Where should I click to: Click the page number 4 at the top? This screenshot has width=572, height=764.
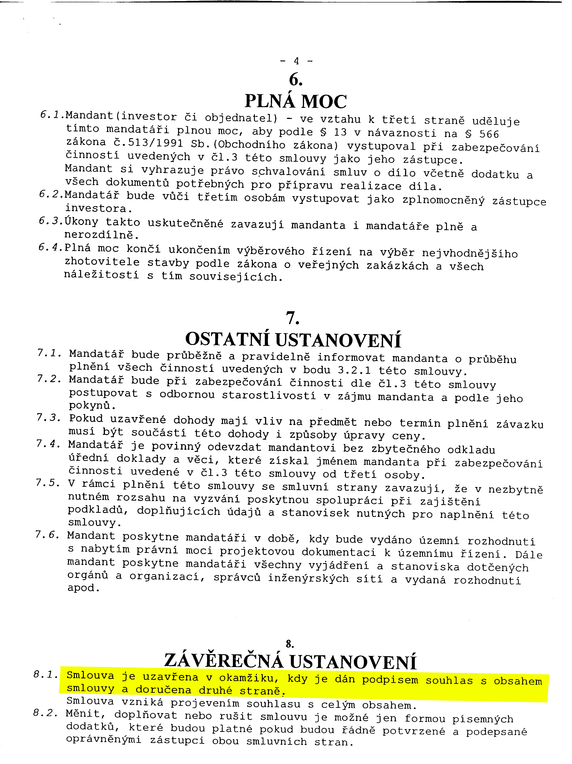296,61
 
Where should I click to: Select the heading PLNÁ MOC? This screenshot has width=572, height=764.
295,101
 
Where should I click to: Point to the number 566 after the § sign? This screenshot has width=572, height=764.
489,134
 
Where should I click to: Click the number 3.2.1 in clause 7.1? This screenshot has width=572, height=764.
354,370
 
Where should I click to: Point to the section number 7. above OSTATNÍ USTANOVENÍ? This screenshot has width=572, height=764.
292,318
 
